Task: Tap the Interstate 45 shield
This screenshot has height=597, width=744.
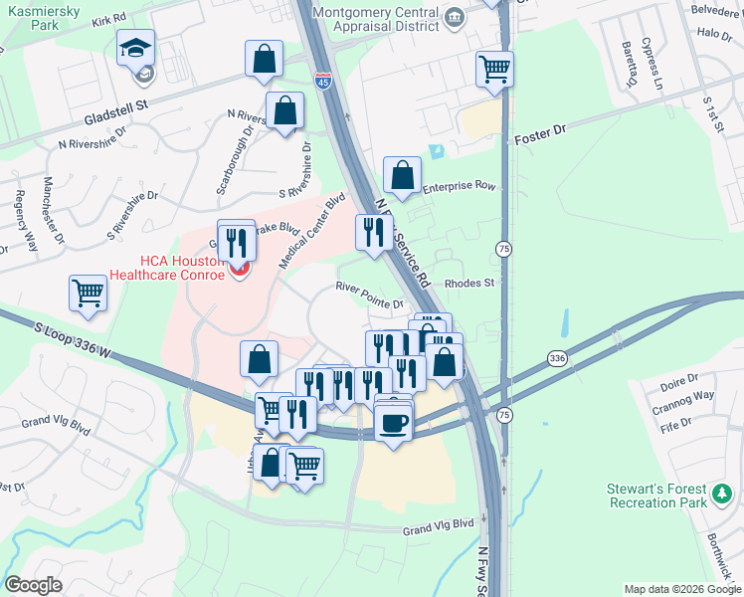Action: point(323,81)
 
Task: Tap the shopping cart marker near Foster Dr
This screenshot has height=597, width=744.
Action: point(494,70)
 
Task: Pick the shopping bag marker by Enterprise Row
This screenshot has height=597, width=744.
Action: point(401,176)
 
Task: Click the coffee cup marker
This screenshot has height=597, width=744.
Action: point(393,423)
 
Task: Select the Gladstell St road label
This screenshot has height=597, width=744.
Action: point(115,102)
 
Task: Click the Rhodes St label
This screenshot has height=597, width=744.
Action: point(469,283)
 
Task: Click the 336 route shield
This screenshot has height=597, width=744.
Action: point(557,358)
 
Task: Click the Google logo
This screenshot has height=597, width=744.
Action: point(34,585)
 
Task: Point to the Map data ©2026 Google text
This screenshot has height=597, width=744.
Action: point(682,589)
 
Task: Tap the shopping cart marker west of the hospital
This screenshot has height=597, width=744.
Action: point(88,294)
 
